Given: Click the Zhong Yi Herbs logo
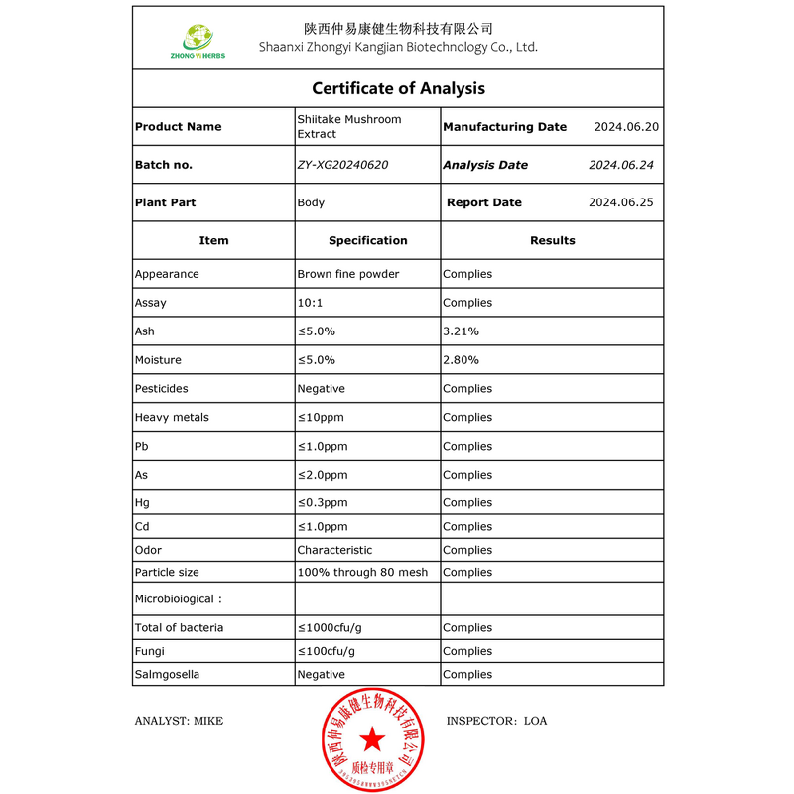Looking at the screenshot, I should (198, 41).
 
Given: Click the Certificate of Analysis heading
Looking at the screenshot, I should (398, 88).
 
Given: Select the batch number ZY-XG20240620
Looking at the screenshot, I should (342, 165).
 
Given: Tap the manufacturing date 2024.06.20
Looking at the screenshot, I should (626, 127).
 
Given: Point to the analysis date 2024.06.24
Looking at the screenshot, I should (620, 165).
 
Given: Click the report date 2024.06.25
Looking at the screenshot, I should (620, 202).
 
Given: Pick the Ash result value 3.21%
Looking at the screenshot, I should (462, 331).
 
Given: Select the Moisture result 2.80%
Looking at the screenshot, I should (462, 360).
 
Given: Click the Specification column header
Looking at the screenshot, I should (367, 240).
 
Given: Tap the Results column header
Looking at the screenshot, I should (552, 240).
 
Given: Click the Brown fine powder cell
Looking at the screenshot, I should (347, 274).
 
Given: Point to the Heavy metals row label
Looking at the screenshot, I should (172, 418).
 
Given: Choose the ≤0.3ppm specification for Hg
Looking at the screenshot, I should (323, 503).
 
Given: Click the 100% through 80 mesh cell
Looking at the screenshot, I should (362, 573).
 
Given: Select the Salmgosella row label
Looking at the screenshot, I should (167, 675).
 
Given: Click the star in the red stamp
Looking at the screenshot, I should (371, 738).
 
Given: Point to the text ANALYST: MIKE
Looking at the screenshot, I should (179, 721).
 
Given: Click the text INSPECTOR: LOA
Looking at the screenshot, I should (496, 721).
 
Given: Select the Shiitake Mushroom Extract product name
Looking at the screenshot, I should (349, 126).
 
